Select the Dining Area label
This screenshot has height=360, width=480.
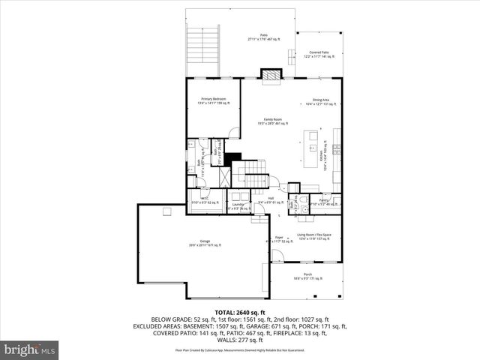[320, 102]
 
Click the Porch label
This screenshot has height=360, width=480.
[307, 276]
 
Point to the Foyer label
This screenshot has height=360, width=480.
[278, 238]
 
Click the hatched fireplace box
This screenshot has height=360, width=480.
[269, 74]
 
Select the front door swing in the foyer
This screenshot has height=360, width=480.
[277, 255]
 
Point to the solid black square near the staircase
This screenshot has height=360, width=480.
[235, 157]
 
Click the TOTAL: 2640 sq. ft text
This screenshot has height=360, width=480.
[240, 312]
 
